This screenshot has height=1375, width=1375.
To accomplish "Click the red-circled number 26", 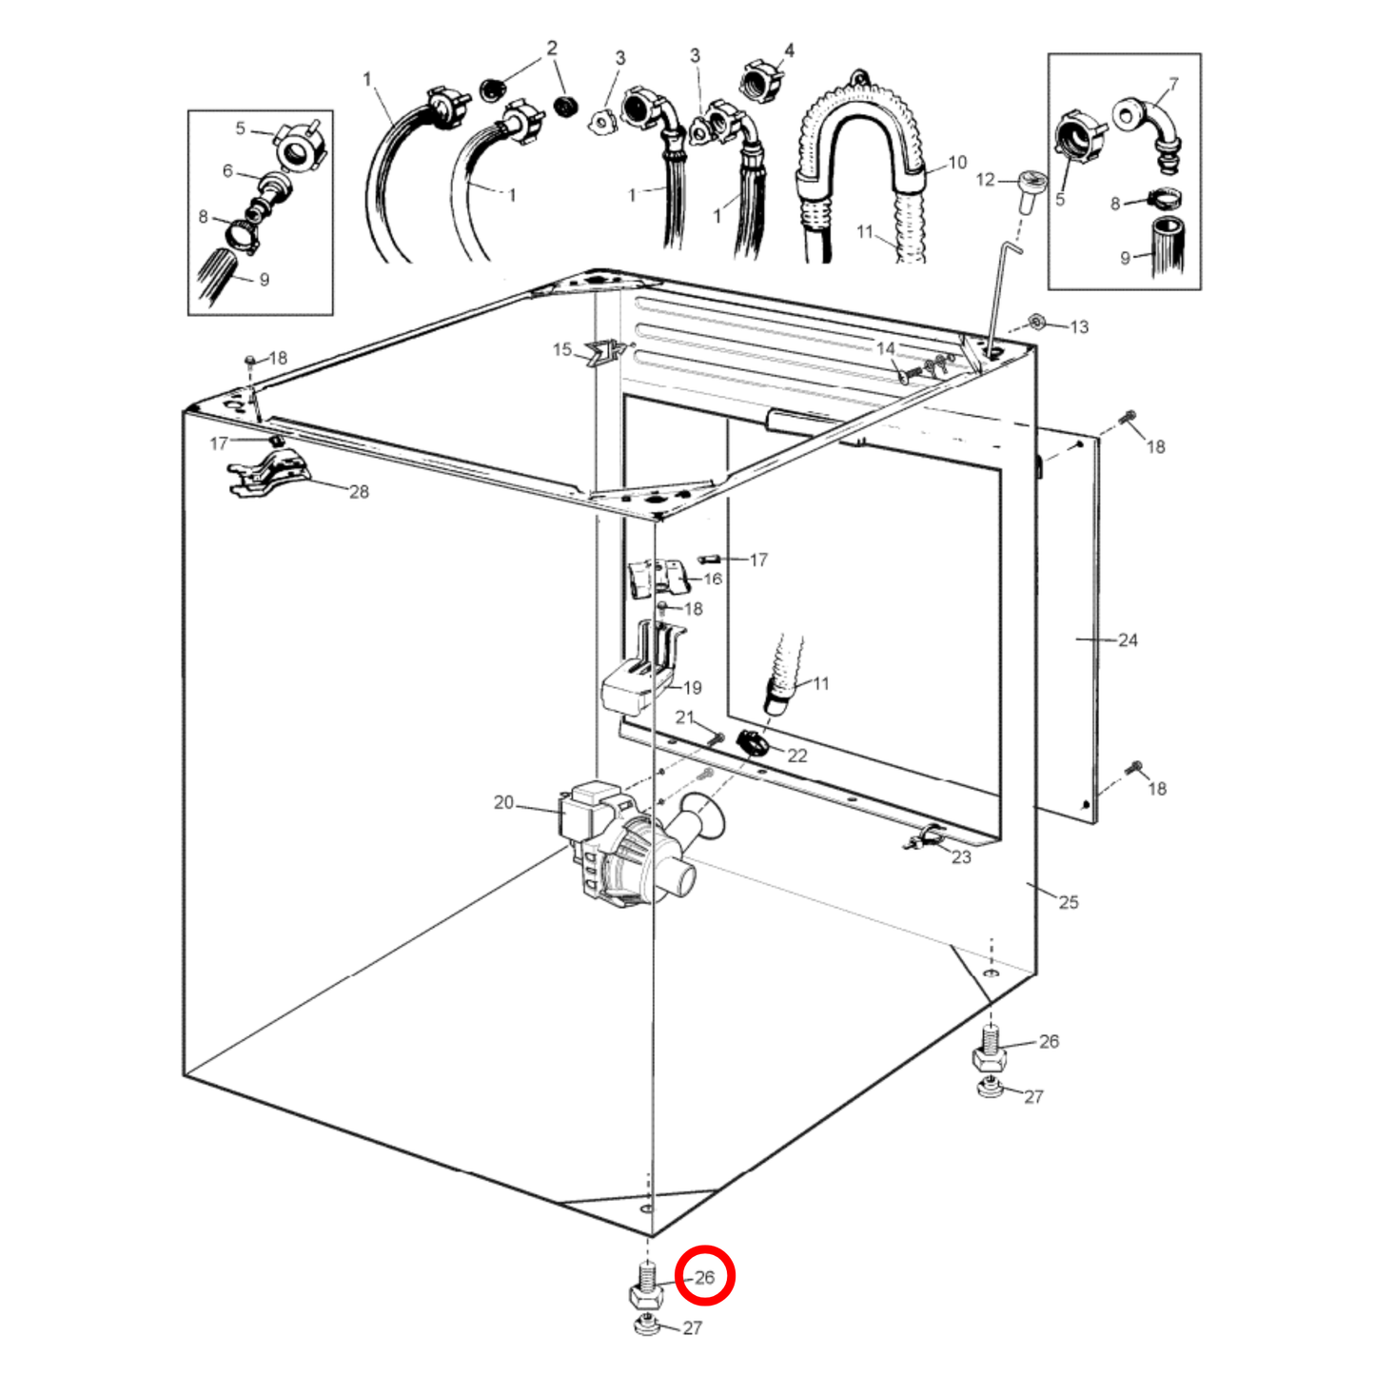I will (x=704, y=1277).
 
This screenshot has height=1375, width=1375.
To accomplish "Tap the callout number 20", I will (x=503, y=802).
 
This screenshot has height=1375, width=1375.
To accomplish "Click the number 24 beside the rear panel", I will (x=1128, y=639).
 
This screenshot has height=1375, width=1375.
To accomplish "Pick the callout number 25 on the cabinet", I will (x=1069, y=902).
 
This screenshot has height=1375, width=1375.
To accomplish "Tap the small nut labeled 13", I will (x=1037, y=323).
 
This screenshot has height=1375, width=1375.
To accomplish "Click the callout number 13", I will (x=1079, y=326).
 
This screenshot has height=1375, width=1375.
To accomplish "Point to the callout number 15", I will (x=562, y=349).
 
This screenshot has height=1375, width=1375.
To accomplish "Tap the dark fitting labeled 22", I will (x=754, y=743).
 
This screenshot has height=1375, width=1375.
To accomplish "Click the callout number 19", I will (x=692, y=687).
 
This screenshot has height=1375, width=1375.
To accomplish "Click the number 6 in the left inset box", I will (x=227, y=170).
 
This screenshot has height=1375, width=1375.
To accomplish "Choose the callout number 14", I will (x=885, y=348).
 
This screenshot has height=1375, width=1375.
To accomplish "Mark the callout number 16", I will (x=713, y=579).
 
